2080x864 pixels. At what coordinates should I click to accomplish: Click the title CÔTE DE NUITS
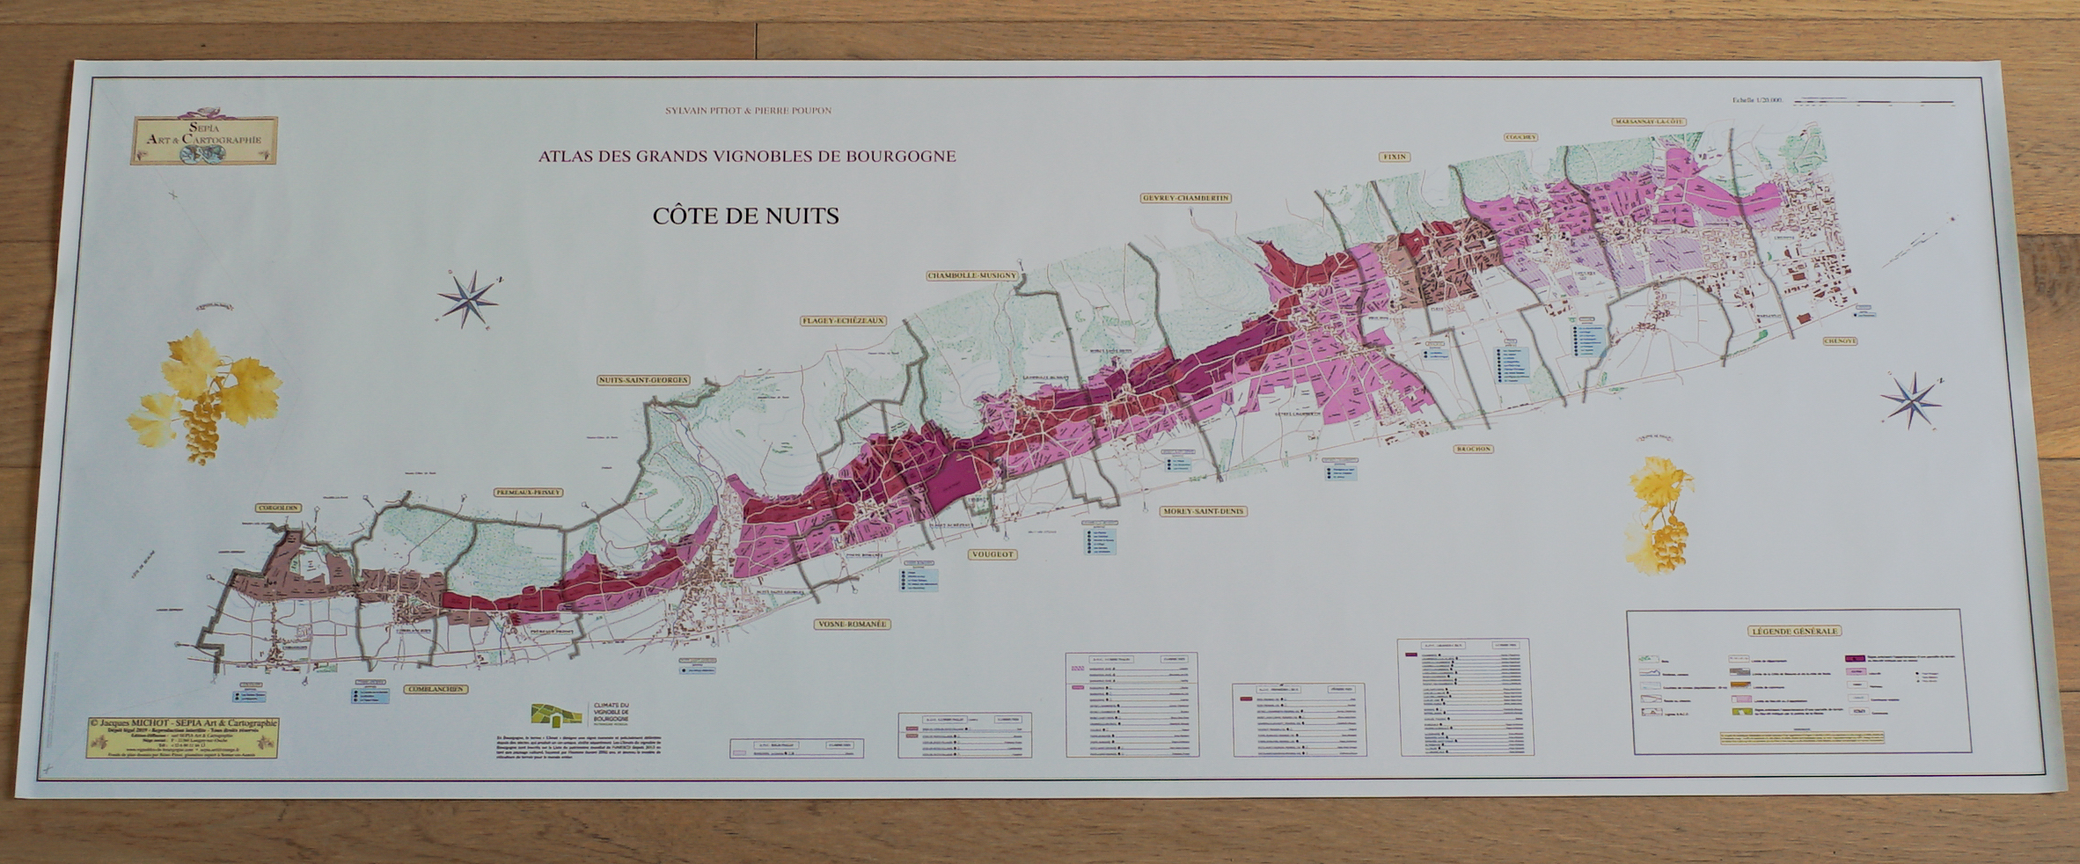[745, 216]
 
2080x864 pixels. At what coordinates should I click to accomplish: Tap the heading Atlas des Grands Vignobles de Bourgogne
[746, 157]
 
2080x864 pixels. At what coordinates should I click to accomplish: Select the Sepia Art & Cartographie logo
[204, 140]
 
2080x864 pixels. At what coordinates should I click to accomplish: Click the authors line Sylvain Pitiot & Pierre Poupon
[749, 111]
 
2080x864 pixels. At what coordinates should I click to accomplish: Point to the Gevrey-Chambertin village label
[1185, 198]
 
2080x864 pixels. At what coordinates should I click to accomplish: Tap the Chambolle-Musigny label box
[971, 275]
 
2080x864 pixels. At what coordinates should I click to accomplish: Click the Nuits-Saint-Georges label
[643, 380]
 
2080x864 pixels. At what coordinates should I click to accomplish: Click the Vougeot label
[992, 554]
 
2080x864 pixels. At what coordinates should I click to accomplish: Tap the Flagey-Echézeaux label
[842, 321]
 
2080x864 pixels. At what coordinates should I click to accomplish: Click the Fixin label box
[1395, 157]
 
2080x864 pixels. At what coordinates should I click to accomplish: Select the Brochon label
[1473, 449]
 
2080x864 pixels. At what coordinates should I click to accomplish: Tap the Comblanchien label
[436, 690]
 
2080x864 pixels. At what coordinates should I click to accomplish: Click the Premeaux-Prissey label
[528, 493]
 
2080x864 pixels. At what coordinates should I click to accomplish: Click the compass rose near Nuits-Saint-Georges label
[470, 299]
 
